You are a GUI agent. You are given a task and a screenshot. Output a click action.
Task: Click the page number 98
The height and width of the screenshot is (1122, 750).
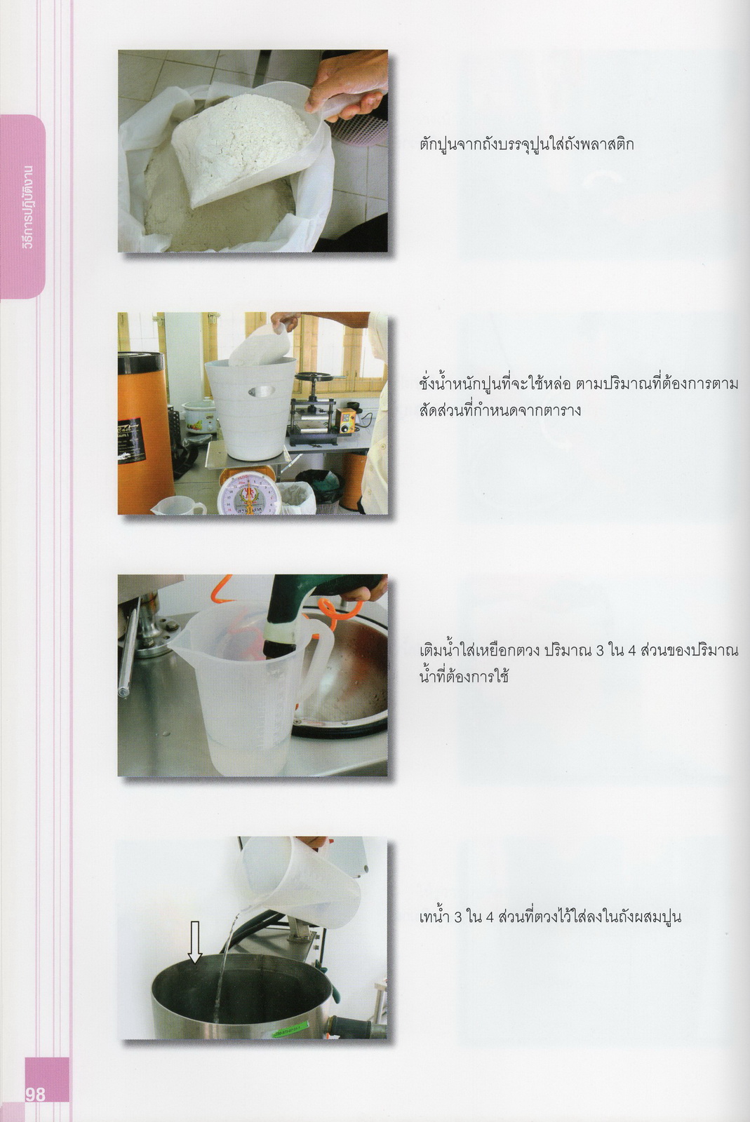click(x=34, y=1093)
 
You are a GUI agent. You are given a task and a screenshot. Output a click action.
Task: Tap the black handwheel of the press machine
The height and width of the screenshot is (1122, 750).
click(x=321, y=378)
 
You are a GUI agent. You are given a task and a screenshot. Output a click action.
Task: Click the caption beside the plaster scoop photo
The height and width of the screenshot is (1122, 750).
click(x=527, y=144)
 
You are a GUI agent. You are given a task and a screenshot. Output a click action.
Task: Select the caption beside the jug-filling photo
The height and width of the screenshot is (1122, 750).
click(x=579, y=664)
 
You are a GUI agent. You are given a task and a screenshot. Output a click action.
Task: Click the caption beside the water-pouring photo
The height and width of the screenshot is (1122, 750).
click(x=550, y=917)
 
